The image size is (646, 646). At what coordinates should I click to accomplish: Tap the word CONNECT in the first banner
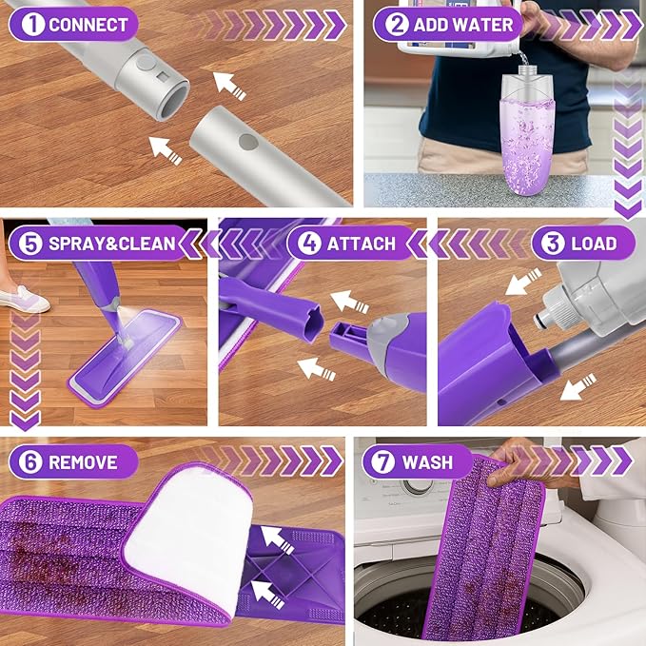88,25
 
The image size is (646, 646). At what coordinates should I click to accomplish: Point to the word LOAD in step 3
594,244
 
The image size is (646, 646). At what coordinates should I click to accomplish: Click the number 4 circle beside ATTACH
309,244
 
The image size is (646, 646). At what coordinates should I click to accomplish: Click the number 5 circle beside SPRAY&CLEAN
30,244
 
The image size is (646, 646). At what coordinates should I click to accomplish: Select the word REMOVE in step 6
83,462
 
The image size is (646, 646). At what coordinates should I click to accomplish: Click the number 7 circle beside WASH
383,462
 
